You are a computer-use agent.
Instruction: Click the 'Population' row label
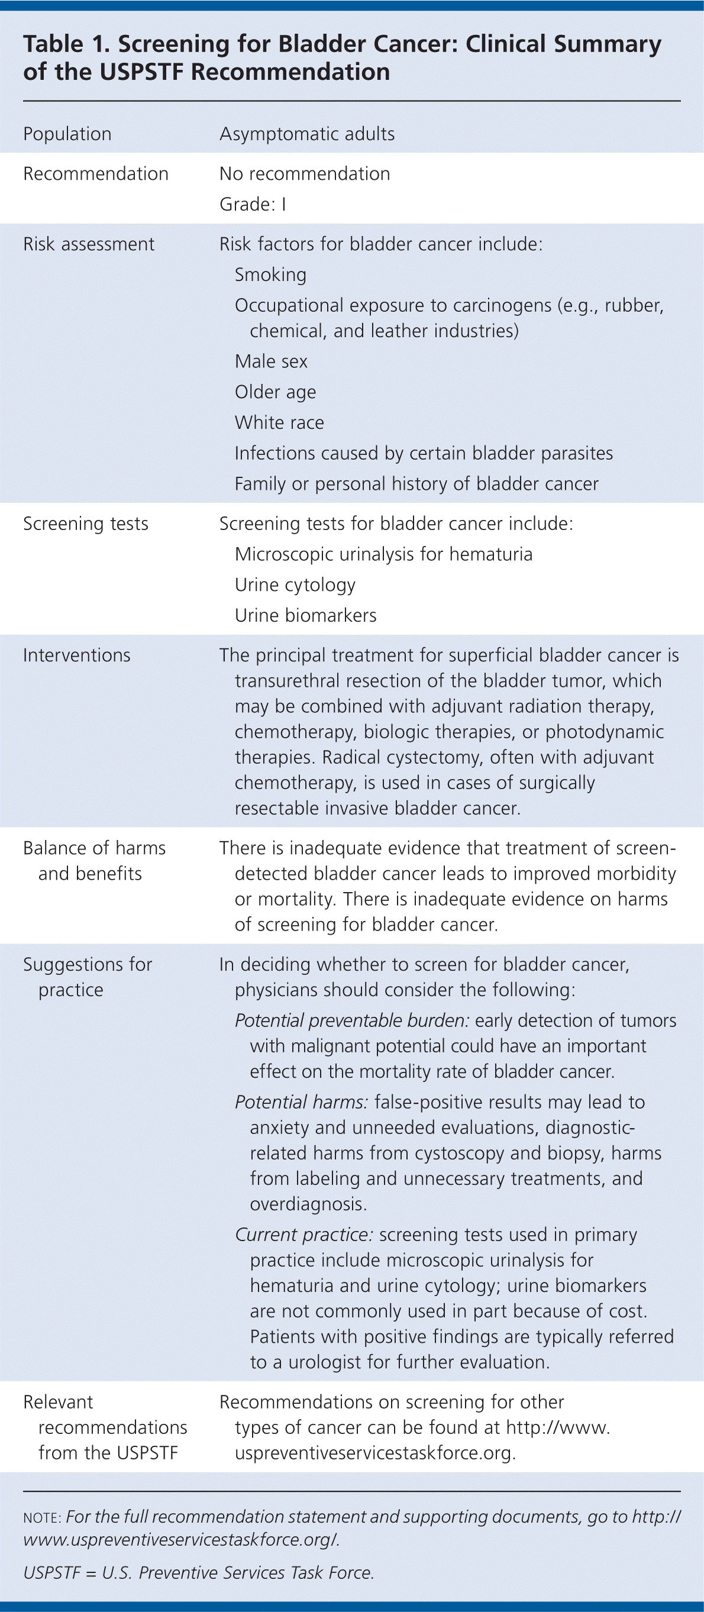67,134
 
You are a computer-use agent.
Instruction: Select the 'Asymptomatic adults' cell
306,134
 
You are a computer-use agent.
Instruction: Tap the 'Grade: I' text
252,204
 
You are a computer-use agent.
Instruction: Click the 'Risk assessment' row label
88,244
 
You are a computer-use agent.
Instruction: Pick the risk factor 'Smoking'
270,274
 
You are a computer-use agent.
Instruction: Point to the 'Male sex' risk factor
271,361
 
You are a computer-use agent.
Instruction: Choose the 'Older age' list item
275,392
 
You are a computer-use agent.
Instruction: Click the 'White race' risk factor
279,422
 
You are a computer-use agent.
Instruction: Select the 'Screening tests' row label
86,524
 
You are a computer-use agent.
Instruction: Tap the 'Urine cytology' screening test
295,585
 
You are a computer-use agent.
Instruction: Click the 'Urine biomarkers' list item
305,616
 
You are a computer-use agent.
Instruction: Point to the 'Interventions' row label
77,655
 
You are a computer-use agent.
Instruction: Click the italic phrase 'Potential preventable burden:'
351,1020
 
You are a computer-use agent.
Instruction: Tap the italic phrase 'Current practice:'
304,1235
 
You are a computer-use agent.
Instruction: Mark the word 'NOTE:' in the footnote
42,1518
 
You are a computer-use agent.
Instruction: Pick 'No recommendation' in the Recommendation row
304,174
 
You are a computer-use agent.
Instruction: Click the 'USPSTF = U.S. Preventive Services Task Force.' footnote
198,1573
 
